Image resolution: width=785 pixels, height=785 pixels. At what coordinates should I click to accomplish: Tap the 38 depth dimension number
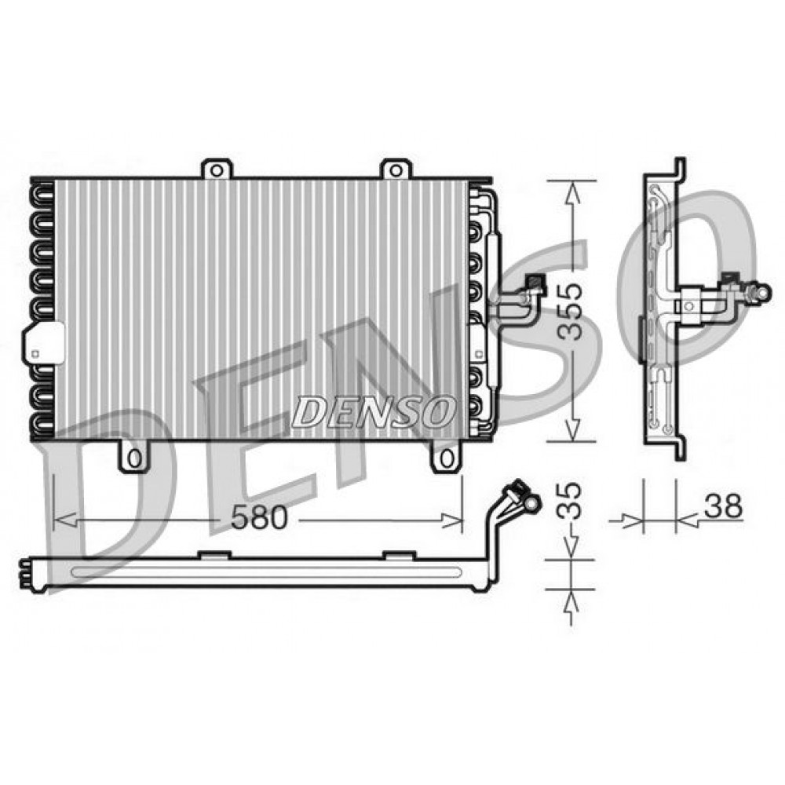point(722,506)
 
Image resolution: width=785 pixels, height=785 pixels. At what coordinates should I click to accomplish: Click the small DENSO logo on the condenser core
point(373,410)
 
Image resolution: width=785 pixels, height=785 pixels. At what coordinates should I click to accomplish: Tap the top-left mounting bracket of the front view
point(217,168)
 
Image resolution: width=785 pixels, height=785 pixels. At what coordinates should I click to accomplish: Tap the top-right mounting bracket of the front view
point(396,168)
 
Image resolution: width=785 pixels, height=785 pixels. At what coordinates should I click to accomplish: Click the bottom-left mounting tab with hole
point(133,456)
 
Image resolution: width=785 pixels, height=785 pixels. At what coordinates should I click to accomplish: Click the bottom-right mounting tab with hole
point(446,456)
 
